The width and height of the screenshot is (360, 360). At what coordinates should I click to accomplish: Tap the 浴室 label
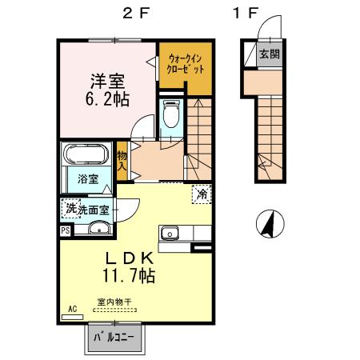point(88,179)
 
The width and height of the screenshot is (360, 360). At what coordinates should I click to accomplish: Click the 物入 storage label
point(122,160)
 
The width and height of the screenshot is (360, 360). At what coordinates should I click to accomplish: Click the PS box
point(65,230)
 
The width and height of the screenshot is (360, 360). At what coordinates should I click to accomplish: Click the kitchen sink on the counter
point(170,233)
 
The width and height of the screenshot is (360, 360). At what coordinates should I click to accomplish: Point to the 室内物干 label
point(114,302)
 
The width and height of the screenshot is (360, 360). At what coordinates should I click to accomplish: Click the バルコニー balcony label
point(115,337)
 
